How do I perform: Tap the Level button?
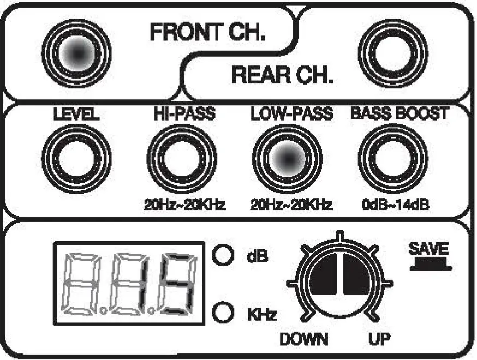(x=76, y=159)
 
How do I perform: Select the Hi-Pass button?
(x=182, y=159)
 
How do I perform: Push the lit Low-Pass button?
(x=288, y=159)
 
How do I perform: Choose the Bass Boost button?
(x=391, y=159)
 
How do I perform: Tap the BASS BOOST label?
(x=399, y=114)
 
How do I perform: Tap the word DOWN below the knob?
(x=303, y=339)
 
